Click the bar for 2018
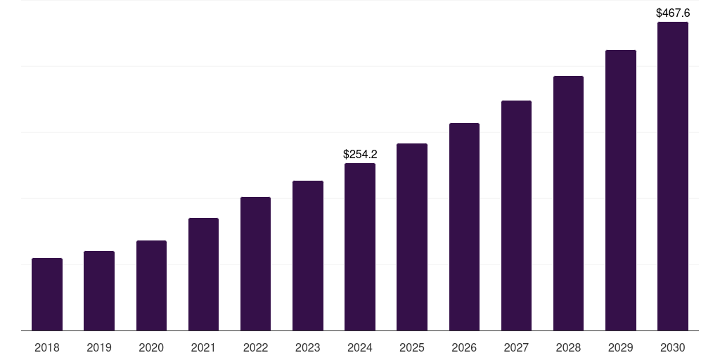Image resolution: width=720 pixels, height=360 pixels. click(x=47, y=295)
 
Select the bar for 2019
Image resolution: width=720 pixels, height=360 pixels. click(x=99, y=291)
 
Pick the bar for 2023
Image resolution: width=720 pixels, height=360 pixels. click(x=308, y=256)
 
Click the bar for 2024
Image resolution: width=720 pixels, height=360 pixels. click(x=360, y=247)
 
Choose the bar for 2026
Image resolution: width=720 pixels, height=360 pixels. click(x=464, y=227)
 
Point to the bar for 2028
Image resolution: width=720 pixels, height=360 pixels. click(x=568, y=203)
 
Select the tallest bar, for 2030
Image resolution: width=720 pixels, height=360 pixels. click(x=673, y=176)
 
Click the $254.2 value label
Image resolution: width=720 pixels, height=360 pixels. click(x=360, y=154)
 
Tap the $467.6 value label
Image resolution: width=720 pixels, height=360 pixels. click(x=673, y=13)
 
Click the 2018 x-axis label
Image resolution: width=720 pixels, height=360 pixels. click(x=47, y=347)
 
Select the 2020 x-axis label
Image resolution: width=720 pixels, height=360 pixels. click(x=151, y=347)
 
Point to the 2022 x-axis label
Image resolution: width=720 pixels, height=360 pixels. click(x=256, y=347)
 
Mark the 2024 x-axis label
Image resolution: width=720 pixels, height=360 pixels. click(x=360, y=347)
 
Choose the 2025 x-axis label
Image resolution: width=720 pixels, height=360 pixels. click(x=412, y=347)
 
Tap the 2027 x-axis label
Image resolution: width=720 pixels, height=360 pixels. click(x=516, y=347)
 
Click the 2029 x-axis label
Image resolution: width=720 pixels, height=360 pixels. click(x=621, y=347)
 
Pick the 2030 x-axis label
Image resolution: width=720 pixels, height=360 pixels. click(x=673, y=347)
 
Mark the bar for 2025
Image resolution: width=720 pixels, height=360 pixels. click(x=412, y=237)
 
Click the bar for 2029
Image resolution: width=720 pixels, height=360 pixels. click(x=621, y=191)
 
